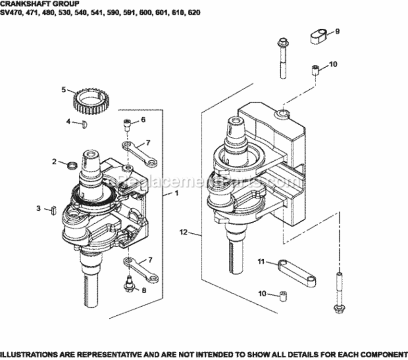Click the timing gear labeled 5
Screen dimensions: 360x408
coord(92,101)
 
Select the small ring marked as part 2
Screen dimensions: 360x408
coord(72,166)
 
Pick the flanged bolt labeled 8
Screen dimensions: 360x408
coord(129,283)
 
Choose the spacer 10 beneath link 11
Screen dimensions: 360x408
coord(286,294)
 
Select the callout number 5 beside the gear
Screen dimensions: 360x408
coord(63,89)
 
